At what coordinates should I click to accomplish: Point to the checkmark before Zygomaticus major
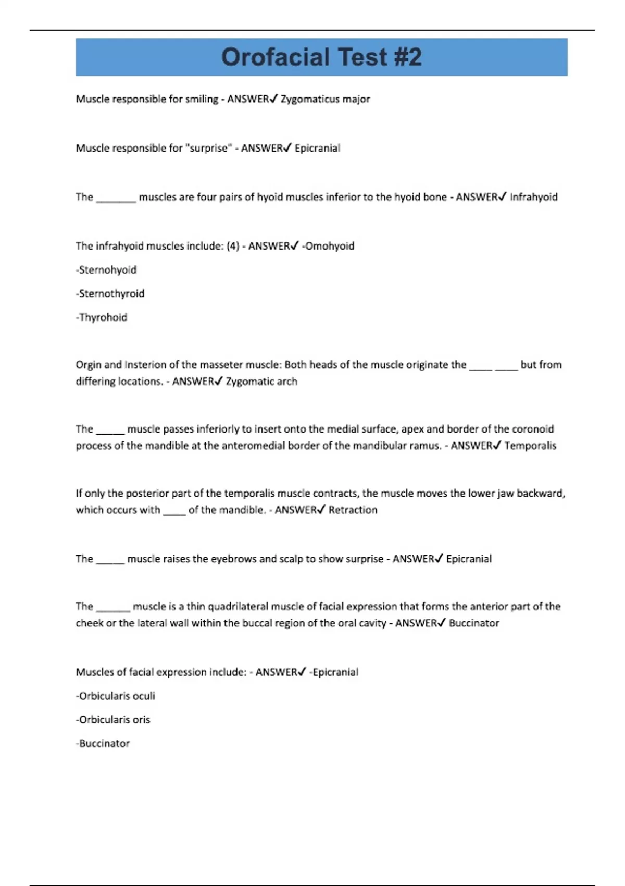274,99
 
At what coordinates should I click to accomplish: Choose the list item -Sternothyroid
110,293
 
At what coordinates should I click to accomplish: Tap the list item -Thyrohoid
102,317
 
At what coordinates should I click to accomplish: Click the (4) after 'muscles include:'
233,246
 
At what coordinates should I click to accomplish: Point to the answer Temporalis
530,446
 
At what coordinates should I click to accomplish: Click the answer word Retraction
353,510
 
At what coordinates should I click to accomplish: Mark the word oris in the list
141,720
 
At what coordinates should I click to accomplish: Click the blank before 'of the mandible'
174,511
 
